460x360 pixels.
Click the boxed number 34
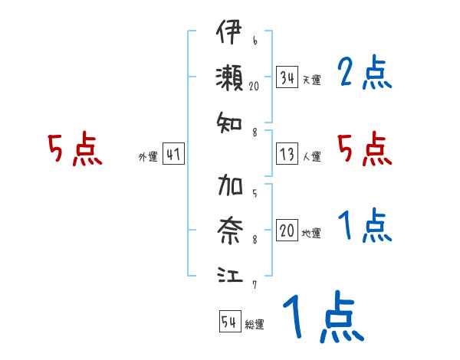pyautogui.click(x=287, y=78)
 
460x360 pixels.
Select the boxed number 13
pyautogui.click(x=287, y=155)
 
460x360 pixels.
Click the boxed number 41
pyautogui.click(x=173, y=155)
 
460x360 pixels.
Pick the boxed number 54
pyautogui.click(x=229, y=322)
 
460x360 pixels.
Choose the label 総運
pyautogui.click(x=255, y=325)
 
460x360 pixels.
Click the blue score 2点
pyautogui.click(x=364, y=74)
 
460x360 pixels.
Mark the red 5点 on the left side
pyautogui.click(x=74, y=149)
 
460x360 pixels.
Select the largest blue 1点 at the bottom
pyautogui.click(x=322, y=318)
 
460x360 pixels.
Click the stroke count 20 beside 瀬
pyautogui.click(x=255, y=87)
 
